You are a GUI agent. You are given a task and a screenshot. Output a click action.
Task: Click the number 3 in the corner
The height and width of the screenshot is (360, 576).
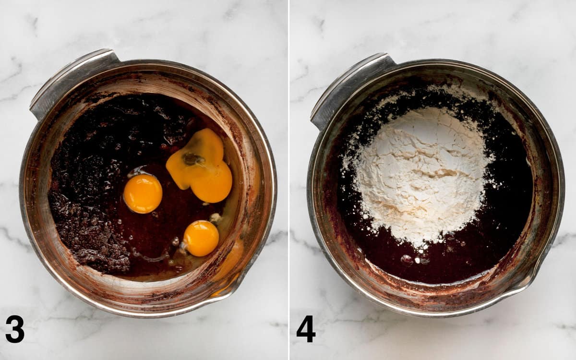(x=15, y=329)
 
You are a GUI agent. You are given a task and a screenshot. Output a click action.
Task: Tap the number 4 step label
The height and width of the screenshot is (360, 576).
(x=306, y=329)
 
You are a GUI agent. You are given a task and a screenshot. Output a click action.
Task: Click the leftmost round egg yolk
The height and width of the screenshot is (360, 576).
(x=143, y=193)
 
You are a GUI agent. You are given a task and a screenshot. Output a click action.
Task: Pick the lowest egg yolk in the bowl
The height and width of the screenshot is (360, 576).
(x=201, y=239)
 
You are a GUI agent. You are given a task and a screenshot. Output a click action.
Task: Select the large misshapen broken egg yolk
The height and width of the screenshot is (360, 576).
(x=199, y=166)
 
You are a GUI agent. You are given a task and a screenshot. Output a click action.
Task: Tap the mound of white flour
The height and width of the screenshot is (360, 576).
(x=422, y=175)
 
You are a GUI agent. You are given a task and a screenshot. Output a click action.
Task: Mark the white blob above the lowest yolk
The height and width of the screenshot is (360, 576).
(x=216, y=217)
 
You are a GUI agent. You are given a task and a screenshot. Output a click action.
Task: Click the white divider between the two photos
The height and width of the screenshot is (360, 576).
(x=289, y=180)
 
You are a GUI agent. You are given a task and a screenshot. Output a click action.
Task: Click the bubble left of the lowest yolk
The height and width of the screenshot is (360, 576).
(x=176, y=241)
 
